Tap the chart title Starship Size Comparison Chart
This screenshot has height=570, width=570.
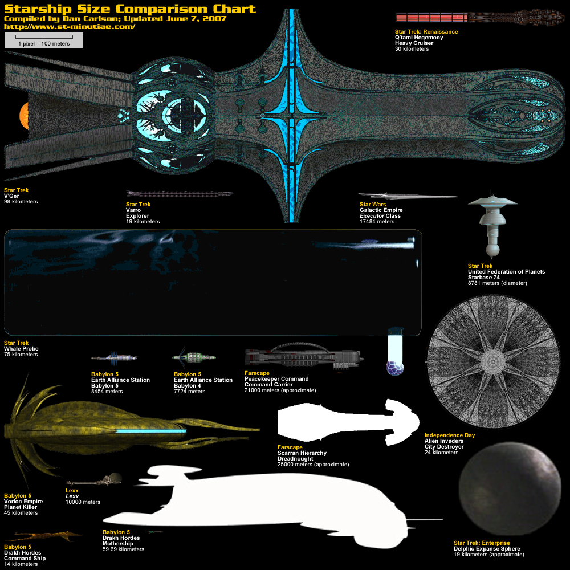click(130, 9)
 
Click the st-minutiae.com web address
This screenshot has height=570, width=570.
click(70, 26)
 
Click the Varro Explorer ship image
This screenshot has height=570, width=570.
click(179, 194)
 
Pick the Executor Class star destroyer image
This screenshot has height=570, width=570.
click(408, 196)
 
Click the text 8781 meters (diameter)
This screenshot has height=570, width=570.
click(497, 283)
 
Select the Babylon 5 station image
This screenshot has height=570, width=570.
click(114, 358)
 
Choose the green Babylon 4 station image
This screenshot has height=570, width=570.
click(194, 358)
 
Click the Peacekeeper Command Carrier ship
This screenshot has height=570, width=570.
click(305, 356)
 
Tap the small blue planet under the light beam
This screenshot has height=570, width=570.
click(395, 368)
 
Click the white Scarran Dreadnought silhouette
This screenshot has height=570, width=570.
click(342, 422)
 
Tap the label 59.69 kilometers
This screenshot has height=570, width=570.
click(123, 549)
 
